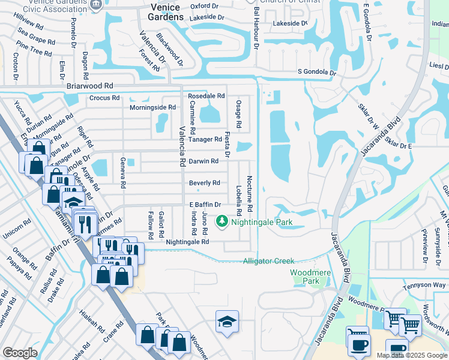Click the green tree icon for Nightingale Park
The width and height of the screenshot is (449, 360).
click(222, 222)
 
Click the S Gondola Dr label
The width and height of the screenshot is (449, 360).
click(317, 72)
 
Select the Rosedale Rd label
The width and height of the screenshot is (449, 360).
click(206, 96)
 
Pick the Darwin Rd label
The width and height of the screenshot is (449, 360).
click(203, 161)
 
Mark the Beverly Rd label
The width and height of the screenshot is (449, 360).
click(204, 182)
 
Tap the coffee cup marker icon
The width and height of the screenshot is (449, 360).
click(360, 345)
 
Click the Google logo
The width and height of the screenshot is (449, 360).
click(20, 353)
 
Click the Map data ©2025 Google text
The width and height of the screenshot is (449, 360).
click(411, 355)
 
